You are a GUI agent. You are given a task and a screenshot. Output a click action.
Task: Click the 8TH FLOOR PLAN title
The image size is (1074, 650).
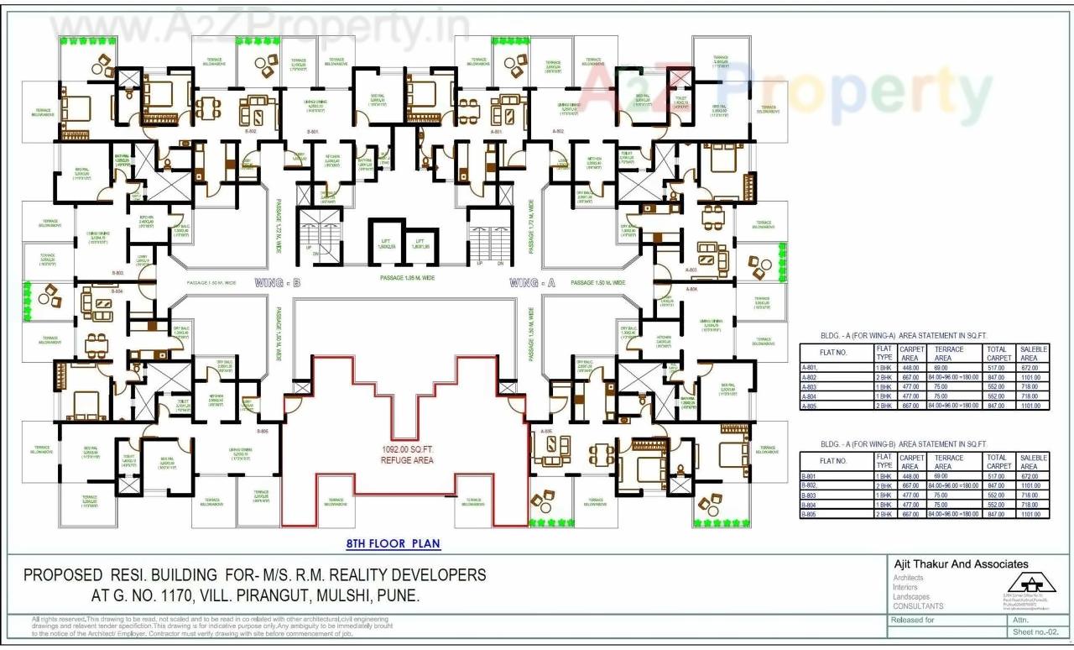[x=394, y=543]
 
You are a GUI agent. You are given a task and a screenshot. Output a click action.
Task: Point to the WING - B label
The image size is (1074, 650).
[x=278, y=284]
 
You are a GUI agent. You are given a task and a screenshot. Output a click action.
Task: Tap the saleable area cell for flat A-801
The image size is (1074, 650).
[x=1032, y=367]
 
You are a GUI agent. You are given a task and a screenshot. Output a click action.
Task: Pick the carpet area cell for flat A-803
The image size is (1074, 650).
[x=910, y=386]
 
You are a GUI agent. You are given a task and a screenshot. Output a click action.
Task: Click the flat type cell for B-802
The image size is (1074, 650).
[x=884, y=485]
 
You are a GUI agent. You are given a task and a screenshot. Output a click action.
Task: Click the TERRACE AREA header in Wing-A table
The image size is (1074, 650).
[x=948, y=353]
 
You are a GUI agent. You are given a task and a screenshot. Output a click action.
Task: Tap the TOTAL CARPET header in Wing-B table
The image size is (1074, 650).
[x=998, y=462]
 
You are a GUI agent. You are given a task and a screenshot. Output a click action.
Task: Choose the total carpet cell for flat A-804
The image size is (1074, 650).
[x=998, y=396]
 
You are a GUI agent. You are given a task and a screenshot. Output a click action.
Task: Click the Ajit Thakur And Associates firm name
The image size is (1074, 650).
[x=961, y=564]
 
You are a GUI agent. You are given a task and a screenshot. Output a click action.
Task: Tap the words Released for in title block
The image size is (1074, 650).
[x=914, y=620]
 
